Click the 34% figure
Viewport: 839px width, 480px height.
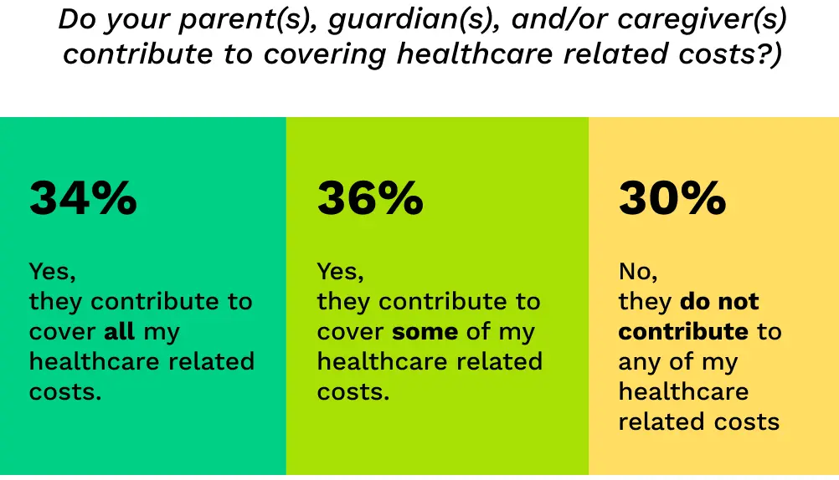[83, 199]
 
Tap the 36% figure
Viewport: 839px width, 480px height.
[370, 199]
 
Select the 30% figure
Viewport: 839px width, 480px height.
[672, 199]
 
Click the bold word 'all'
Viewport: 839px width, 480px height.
[119, 331]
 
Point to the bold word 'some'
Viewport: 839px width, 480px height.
[425, 331]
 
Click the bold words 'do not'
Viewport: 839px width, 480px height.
[719, 301]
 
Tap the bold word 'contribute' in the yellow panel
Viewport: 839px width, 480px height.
[683, 331]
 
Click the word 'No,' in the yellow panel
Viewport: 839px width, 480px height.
[639, 272]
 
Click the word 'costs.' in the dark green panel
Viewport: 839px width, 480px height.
[65, 391]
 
